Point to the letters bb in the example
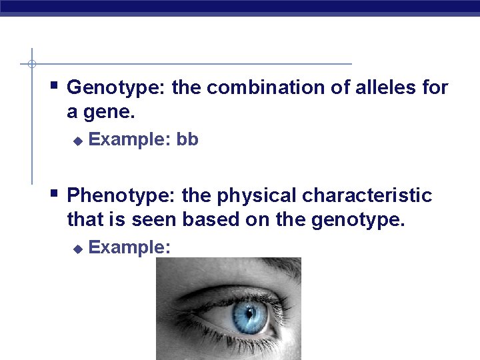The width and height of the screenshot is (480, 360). click(x=187, y=141)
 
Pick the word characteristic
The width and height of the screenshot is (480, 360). click(x=367, y=197)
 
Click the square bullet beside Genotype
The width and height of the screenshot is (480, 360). click(x=54, y=85)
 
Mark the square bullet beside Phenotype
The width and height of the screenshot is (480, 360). click(x=54, y=194)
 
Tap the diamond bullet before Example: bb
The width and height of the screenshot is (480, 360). click(x=77, y=141)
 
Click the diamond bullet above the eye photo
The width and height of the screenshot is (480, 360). click(x=77, y=249)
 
